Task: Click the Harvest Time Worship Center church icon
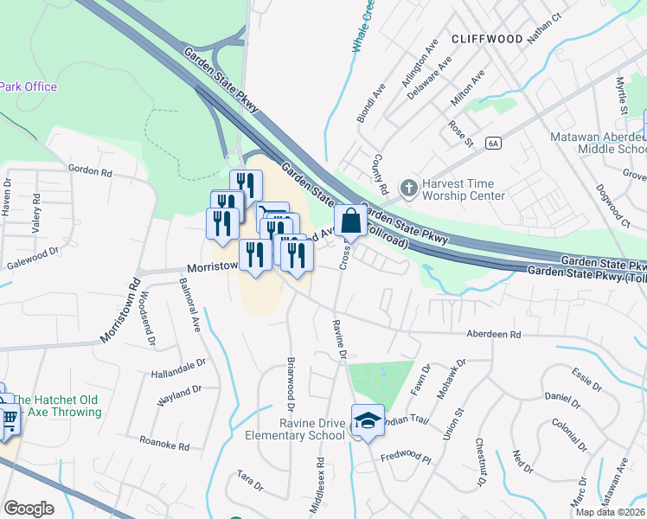[408, 187]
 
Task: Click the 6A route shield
[493, 143]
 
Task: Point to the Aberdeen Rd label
[493, 334]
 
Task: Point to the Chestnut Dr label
[480, 459]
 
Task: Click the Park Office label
[29, 86]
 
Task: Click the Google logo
[29, 509]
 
